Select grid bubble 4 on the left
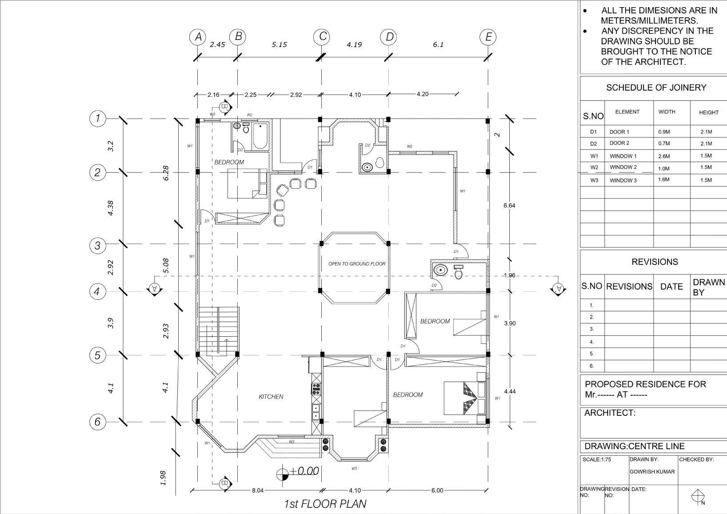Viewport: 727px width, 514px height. click(97, 292)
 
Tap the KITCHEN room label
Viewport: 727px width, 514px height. click(271, 397)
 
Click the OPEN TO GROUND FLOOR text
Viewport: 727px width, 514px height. click(357, 264)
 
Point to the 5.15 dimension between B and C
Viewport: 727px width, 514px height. click(279, 44)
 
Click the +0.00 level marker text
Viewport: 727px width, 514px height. click(305, 471)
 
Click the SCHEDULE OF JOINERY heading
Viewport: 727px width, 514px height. click(656, 88)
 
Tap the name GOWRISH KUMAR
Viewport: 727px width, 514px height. click(652, 472)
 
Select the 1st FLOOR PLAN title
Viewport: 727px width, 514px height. click(325, 504)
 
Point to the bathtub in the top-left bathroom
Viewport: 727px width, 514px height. click(260, 136)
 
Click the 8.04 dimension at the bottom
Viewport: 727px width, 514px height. click(258, 490)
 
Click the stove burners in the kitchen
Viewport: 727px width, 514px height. click(316, 388)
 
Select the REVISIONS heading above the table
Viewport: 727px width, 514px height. click(655, 262)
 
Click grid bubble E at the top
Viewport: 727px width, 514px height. click(488, 37)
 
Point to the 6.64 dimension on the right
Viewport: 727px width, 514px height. click(509, 206)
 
